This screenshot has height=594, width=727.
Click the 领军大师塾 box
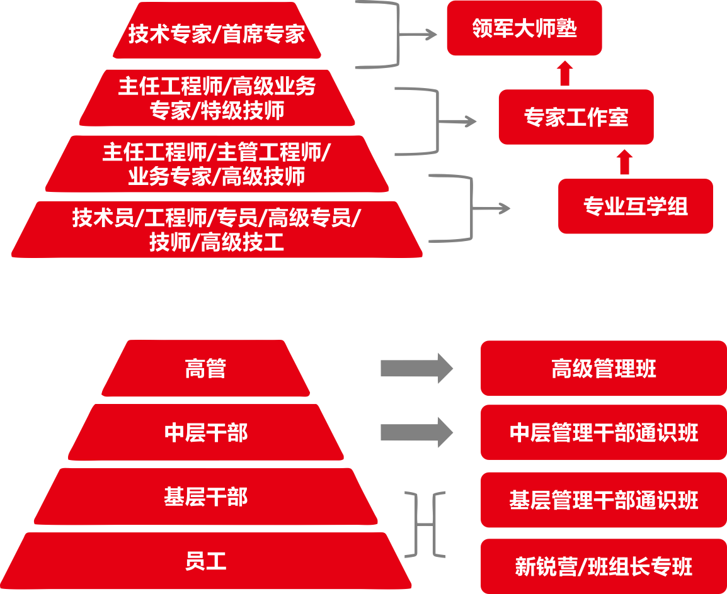click(x=524, y=28)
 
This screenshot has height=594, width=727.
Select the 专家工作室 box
click(x=576, y=116)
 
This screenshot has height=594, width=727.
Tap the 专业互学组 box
click(x=635, y=206)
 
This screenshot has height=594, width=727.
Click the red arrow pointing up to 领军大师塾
click(x=564, y=73)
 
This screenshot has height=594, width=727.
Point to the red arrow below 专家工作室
click(x=624, y=162)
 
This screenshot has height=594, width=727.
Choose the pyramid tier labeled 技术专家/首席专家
click(x=217, y=31)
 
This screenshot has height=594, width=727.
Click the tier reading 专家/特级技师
click(x=217, y=98)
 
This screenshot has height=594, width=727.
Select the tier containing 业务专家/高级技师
click(x=217, y=164)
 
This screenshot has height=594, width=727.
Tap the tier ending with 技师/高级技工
click(x=217, y=230)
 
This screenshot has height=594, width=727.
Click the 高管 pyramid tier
click(x=205, y=369)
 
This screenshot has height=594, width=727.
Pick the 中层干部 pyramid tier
click(x=206, y=432)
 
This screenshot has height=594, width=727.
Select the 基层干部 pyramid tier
click(x=206, y=496)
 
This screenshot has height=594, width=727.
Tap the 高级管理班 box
click(x=604, y=369)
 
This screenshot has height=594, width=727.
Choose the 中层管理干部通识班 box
click(x=604, y=432)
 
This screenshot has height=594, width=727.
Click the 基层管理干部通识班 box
click(x=604, y=500)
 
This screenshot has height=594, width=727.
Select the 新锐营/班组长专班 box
click(x=604, y=566)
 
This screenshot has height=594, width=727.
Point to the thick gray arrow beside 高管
click(x=417, y=369)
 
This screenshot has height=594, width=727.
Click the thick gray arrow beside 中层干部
click(x=417, y=432)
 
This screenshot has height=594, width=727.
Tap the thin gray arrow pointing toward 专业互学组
click(x=491, y=208)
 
